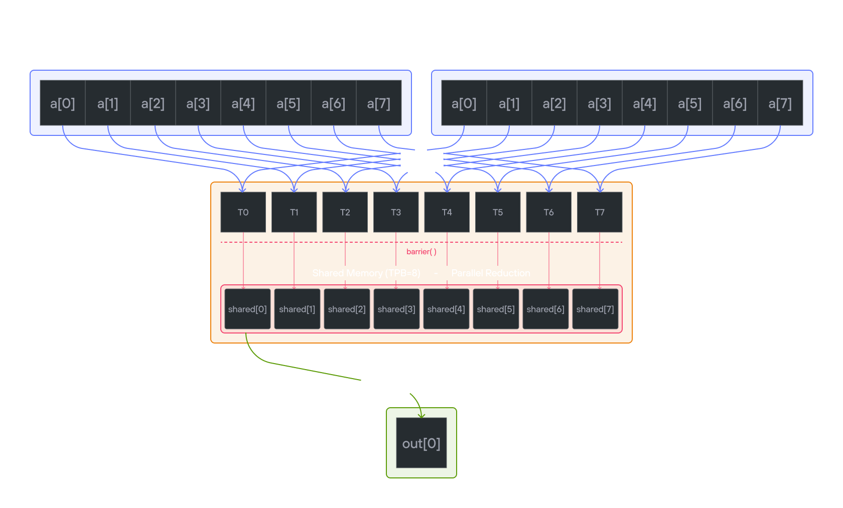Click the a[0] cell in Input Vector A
63,103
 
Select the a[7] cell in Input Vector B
780,103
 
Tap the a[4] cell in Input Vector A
243,103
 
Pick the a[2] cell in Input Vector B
554,103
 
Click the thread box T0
243,212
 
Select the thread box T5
498,212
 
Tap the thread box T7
600,212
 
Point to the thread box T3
396,212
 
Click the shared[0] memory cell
247,309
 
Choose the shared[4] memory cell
446,309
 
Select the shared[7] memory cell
595,309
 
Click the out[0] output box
421,443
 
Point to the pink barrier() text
421,252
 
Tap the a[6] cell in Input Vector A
334,103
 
